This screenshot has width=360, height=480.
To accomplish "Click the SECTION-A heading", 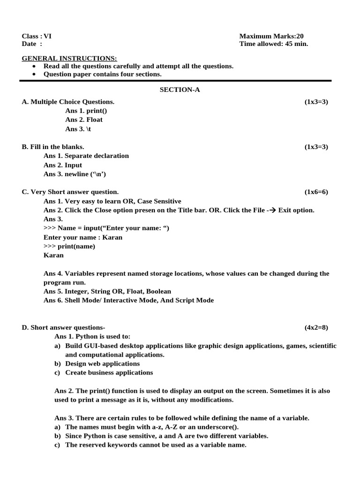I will click(x=180, y=90).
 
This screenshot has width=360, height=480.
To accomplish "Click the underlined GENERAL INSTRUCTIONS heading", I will click(x=69, y=58).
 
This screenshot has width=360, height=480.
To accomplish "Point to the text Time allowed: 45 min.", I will click(x=274, y=44).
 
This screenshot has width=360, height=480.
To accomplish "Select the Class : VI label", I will click(x=37, y=36).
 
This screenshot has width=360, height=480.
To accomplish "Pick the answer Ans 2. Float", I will click(x=84, y=120).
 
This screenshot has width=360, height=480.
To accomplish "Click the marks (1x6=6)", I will click(x=316, y=192).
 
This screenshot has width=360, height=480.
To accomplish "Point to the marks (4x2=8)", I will click(x=316, y=328).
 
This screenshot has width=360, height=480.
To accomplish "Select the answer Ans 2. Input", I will click(x=63, y=165).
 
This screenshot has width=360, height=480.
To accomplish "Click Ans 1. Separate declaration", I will click(x=86, y=156).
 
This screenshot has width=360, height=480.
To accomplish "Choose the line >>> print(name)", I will click(x=69, y=246).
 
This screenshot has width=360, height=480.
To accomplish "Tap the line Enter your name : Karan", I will click(x=83, y=237).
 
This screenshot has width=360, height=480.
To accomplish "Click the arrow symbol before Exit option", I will click(x=271, y=210).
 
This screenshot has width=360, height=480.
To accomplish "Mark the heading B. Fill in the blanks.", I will click(x=53, y=147).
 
